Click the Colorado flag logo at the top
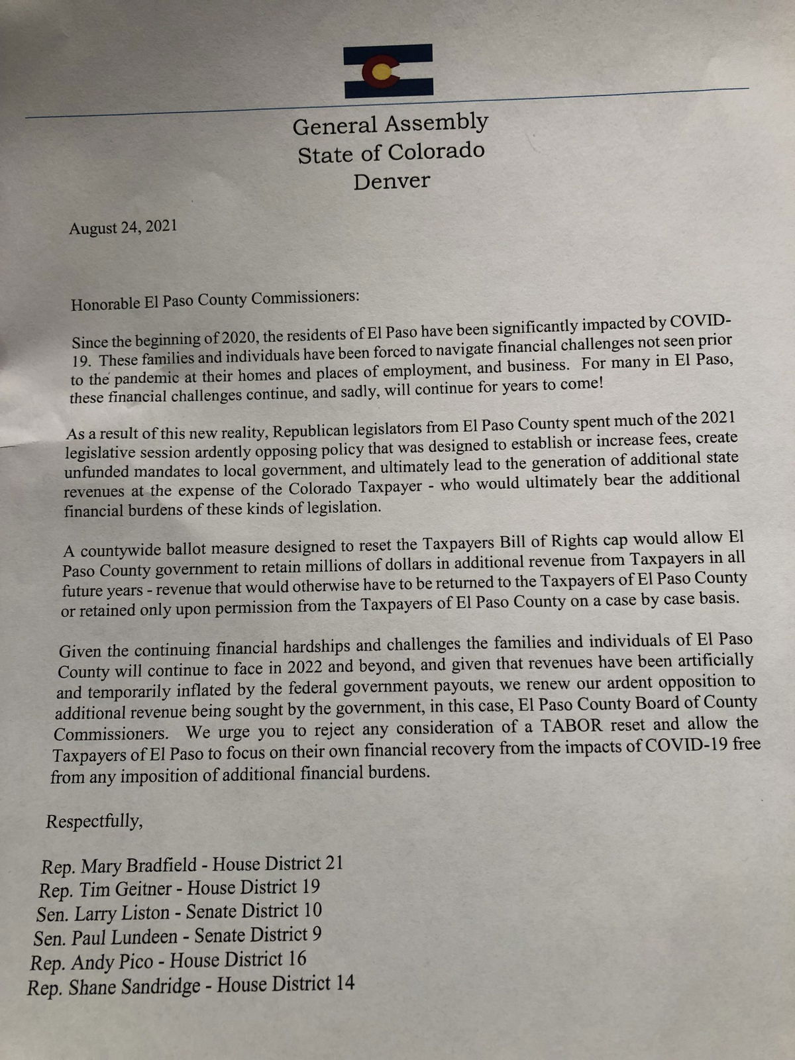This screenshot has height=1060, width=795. coord(388,71)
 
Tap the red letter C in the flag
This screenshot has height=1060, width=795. coord(382,71)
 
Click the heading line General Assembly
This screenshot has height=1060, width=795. coord(390,124)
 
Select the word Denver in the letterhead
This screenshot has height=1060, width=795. coord(392,181)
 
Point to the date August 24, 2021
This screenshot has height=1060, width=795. coord(123,227)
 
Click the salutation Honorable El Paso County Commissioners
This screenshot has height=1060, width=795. coord(215,300)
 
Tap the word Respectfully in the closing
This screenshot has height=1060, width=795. coord(94,821)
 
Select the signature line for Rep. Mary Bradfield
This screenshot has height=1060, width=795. coord(192,865)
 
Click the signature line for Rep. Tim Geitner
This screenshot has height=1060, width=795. coord(180,888)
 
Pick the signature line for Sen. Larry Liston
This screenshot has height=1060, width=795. coord(179,912)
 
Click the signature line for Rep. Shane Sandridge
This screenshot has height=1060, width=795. coord(191,985)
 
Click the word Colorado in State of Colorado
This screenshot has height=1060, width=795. coord(436,152)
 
